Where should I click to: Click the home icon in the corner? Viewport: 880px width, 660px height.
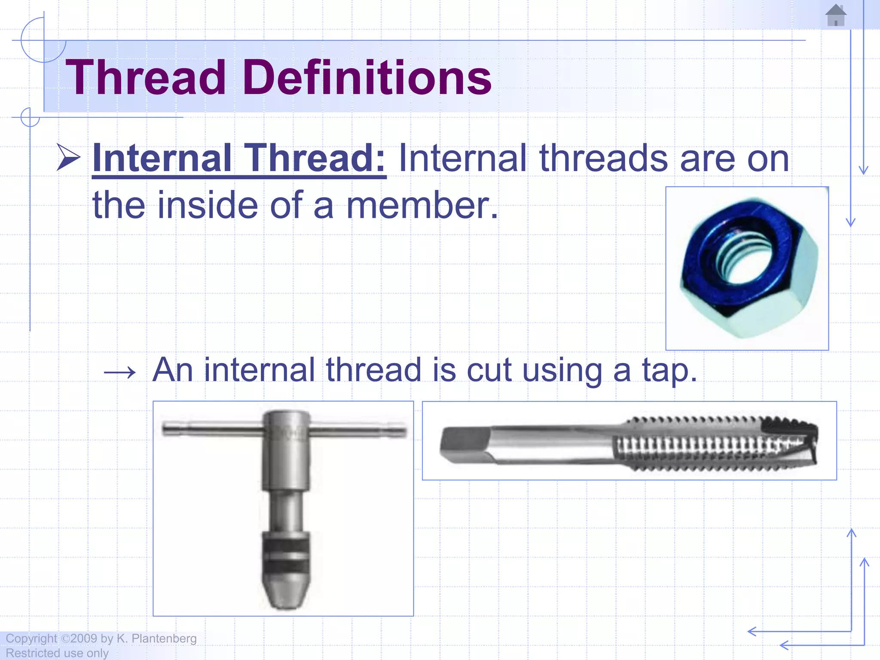pos(836,15)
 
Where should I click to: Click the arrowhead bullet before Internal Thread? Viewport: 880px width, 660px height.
pos(69,158)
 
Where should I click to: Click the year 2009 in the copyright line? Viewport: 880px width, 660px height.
pos(84,639)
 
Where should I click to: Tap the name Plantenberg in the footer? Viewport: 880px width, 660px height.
pos(164,639)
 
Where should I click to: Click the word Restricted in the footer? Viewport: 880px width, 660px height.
pos(30,653)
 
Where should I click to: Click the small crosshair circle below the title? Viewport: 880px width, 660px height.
pos(30,117)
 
